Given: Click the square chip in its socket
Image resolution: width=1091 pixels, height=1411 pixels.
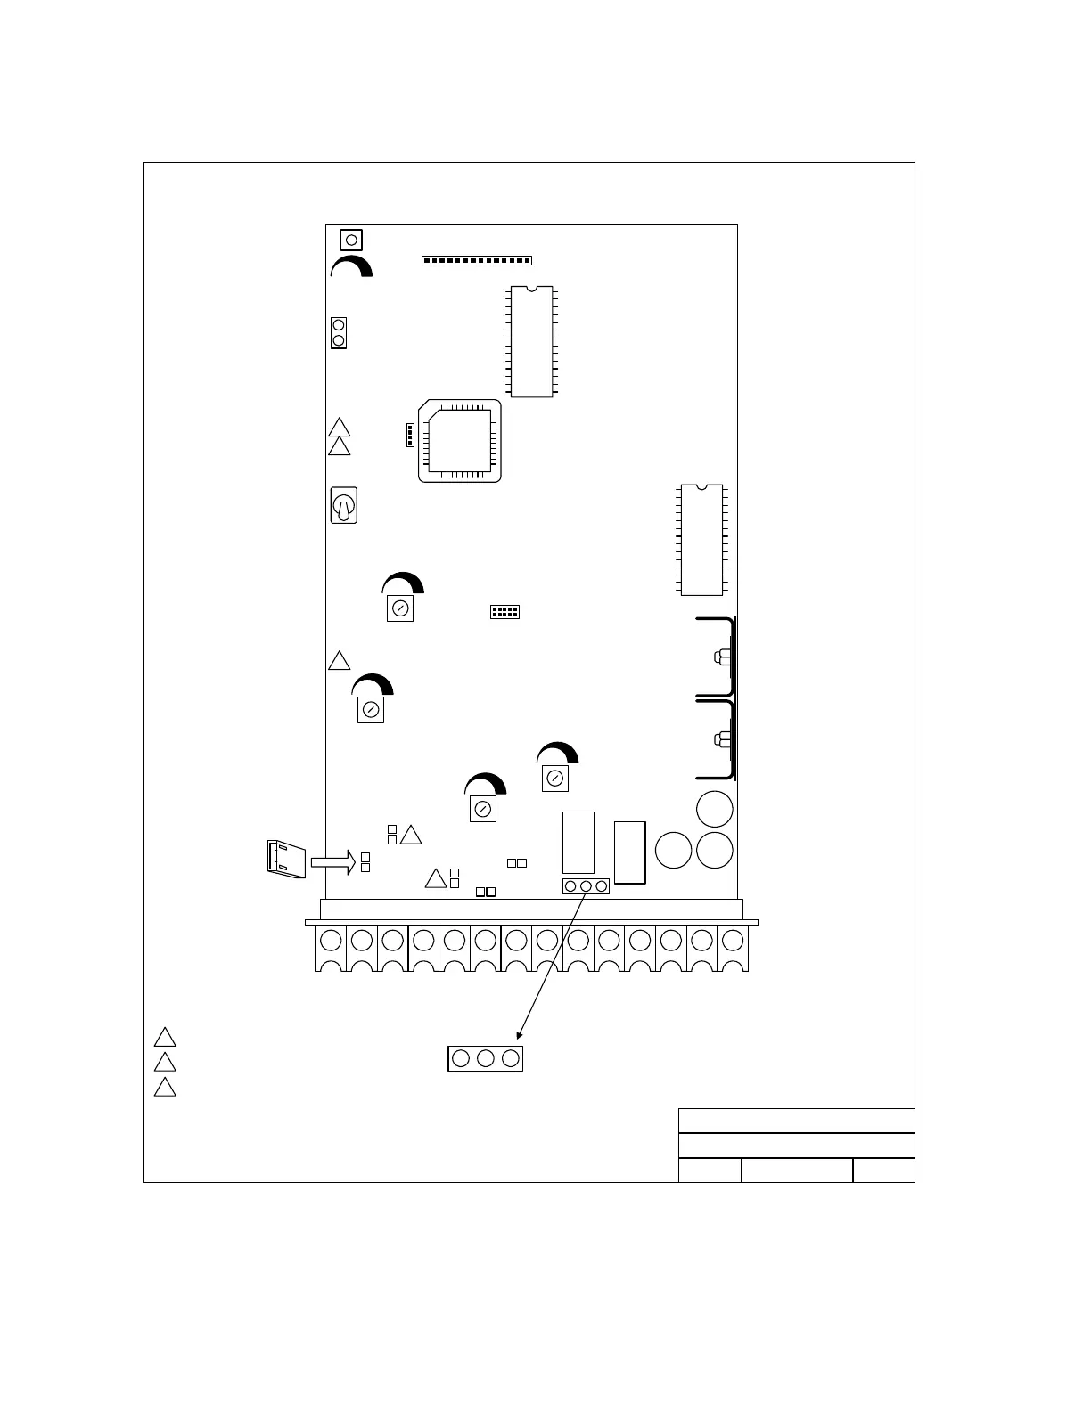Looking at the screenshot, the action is tap(459, 440).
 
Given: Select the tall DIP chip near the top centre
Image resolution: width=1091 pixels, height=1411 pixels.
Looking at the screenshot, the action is tap(531, 341).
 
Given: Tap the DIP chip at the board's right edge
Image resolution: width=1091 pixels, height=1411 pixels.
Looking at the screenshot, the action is tap(701, 539).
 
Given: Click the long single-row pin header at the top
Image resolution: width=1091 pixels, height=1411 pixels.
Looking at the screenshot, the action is tap(476, 260).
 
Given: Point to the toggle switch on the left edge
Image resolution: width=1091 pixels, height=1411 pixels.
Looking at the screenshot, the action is tap(343, 505).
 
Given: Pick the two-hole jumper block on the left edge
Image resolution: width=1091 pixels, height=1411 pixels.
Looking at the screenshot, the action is tap(339, 333).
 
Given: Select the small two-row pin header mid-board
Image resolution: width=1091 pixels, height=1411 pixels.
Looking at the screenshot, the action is tap(504, 612).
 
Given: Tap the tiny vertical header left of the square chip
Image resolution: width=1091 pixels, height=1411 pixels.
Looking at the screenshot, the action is tap(408, 435).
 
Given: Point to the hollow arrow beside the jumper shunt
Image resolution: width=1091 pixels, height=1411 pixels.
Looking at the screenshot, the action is tap(332, 861).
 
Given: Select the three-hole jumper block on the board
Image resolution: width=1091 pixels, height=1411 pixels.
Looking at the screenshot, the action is tap(586, 886).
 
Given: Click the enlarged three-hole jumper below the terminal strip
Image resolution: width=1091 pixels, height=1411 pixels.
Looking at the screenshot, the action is tap(485, 1058).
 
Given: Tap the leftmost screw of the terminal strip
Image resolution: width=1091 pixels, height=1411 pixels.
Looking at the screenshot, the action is tap(331, 940).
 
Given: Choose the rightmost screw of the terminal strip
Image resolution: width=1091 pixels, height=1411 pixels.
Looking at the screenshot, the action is tap(733, 940).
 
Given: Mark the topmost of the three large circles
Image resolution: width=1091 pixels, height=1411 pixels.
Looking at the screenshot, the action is tap(714, 809).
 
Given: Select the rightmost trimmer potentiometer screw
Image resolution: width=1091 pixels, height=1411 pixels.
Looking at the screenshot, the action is tap(554, 779).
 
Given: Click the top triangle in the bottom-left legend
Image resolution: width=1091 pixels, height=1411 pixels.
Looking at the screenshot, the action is tap(165, 1038).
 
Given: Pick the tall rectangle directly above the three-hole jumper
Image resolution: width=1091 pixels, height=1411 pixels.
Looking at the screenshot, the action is tap(578, 842).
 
